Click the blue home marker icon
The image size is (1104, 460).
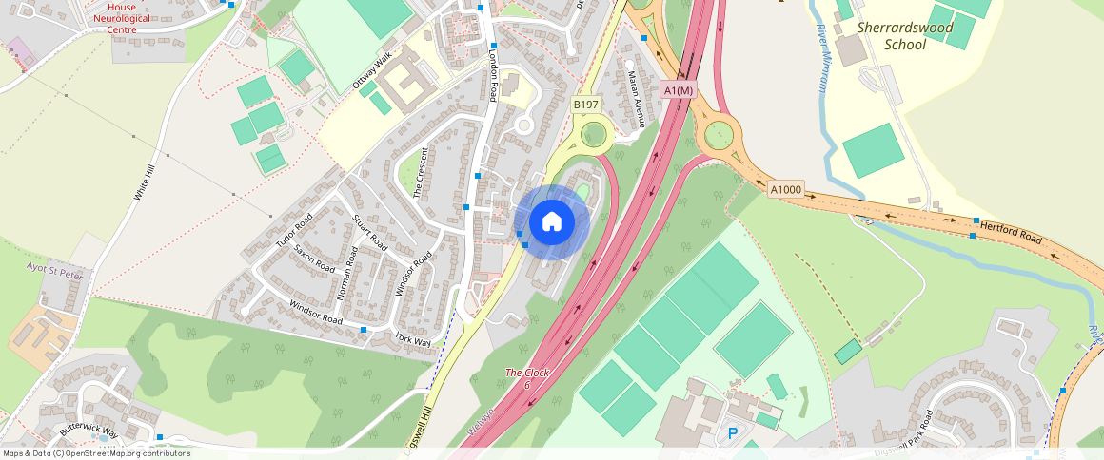tap(551, 221)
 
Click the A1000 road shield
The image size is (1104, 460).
tap(786, 190)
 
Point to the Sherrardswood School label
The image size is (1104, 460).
tap(904, 36)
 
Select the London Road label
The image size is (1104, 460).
tap(493, 77)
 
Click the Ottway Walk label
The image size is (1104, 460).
tap(372, 72)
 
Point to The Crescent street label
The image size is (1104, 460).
tap(420, 173)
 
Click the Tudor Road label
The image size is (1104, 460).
tap(294, 231)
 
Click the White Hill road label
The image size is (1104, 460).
tap(145, 182)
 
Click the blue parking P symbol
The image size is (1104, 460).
tap(733, 433)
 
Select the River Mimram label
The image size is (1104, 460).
tap(822, 70)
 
